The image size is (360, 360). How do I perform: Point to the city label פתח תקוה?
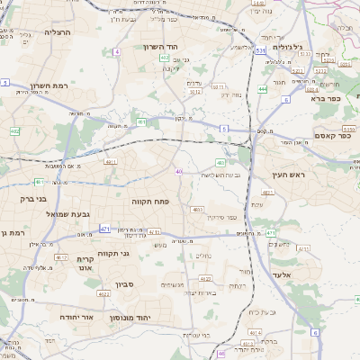pyautogui.click(x=150, y=202)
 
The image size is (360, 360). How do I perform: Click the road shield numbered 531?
pyautogui.click(x=259, y=52)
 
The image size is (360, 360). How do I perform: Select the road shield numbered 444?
pyautogui.click(x=263, y=89)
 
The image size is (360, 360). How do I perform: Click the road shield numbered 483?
pyautogui.click(x=220, y=163)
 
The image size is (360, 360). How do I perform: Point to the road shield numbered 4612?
pyautogui.click(x=61, y=257)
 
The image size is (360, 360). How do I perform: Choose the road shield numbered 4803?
pyautogui.click(x=197, y=209)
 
